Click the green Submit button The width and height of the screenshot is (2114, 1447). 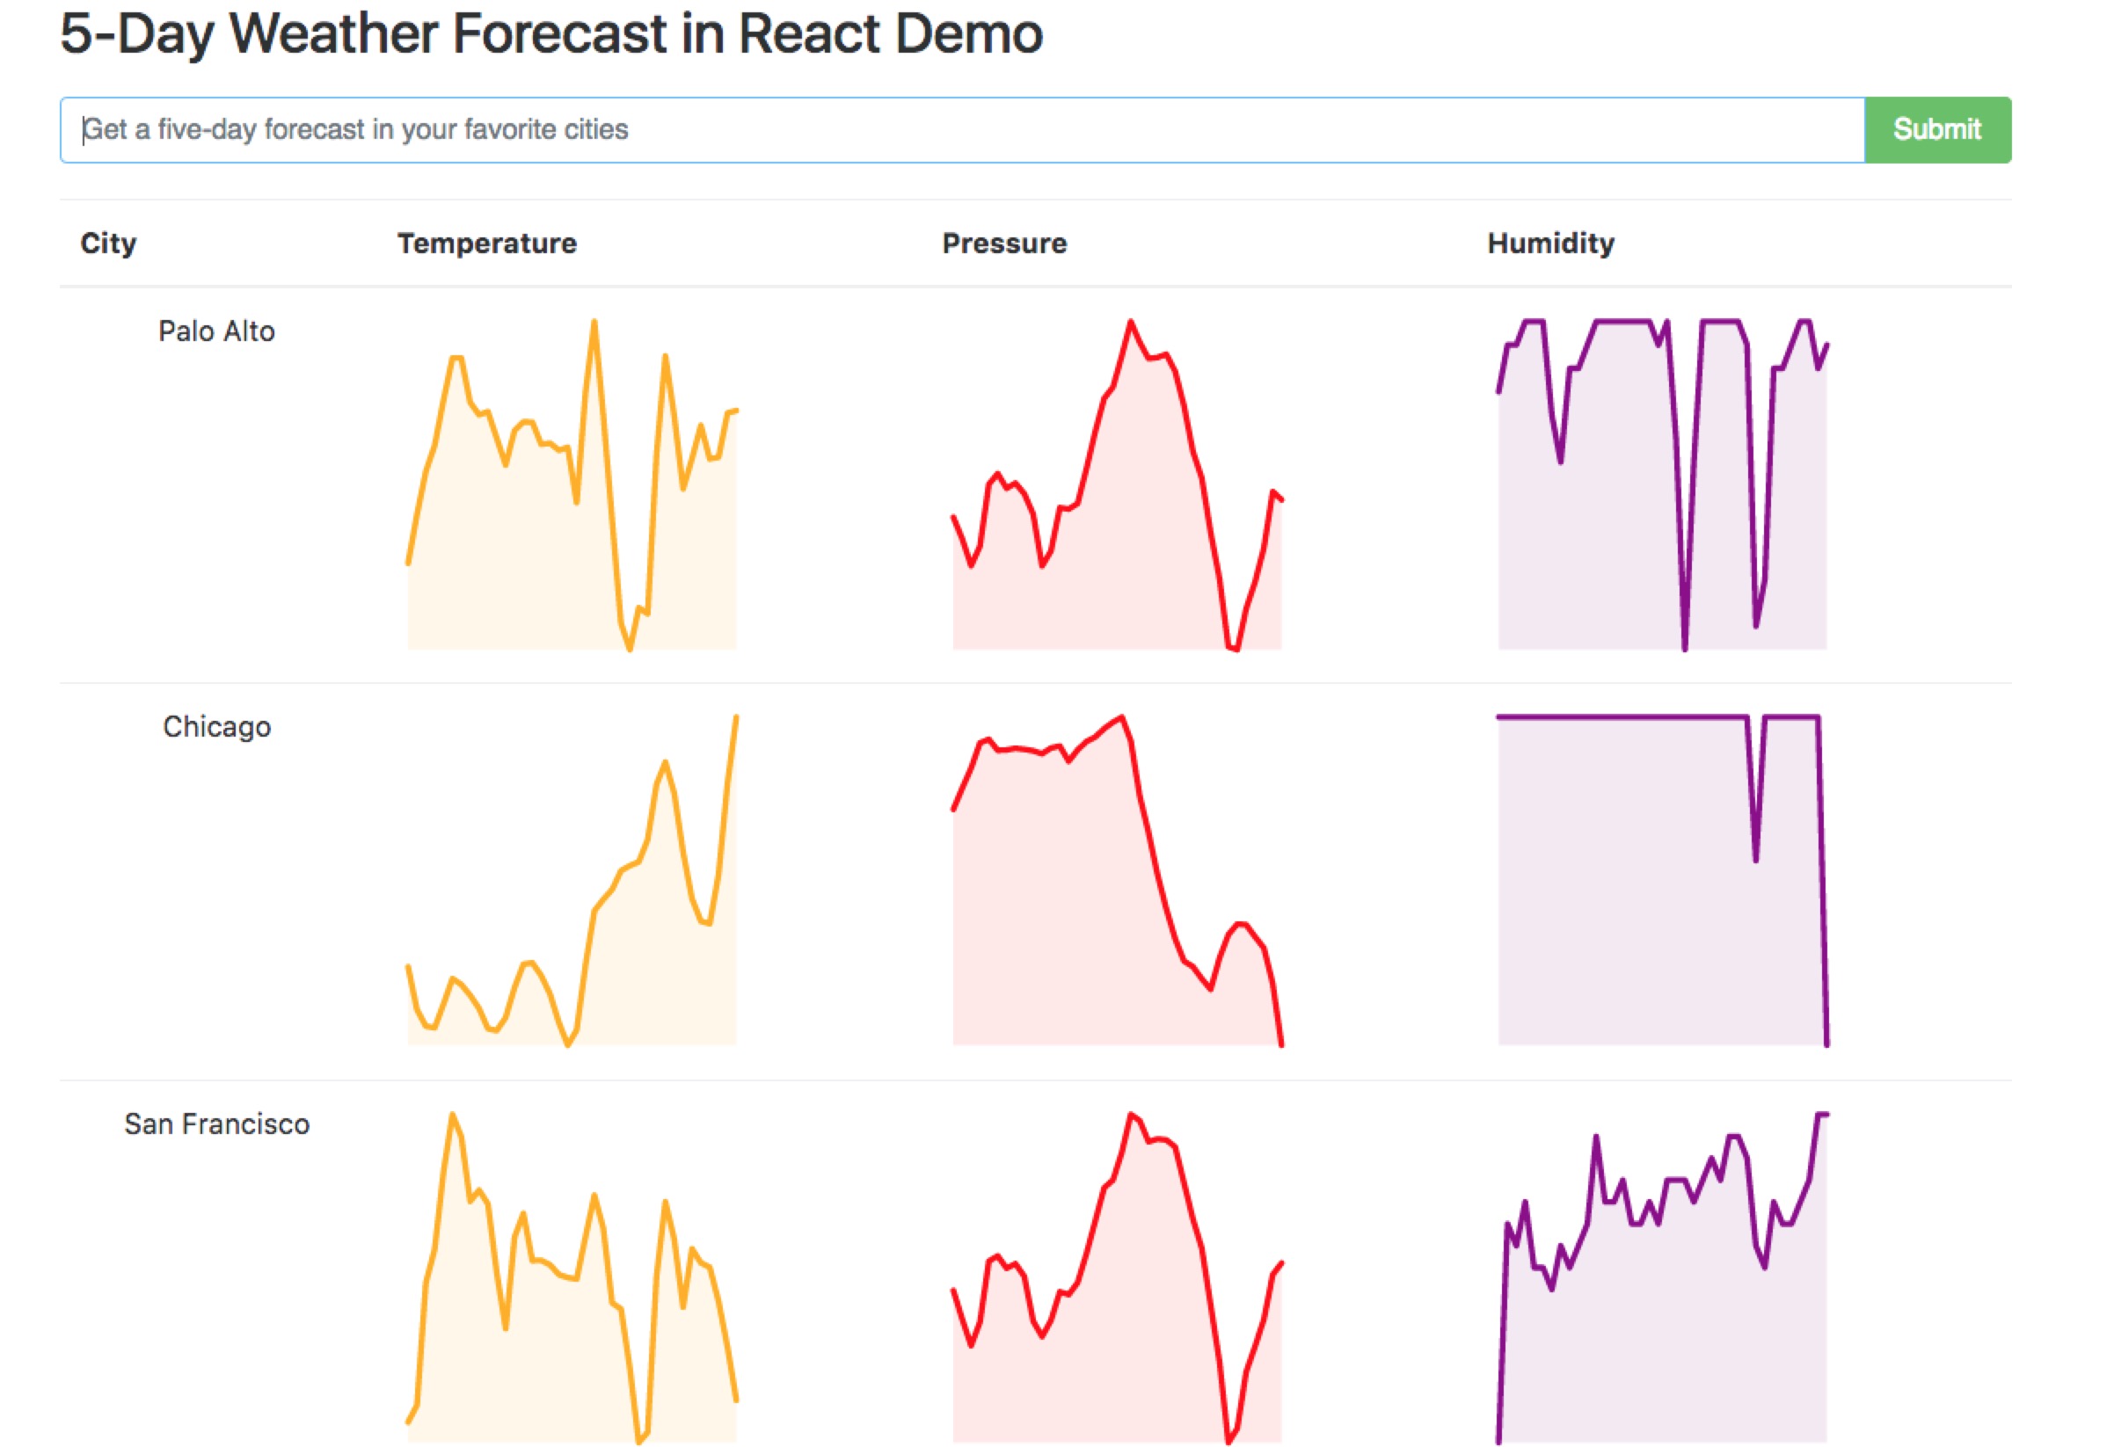point(1936,130)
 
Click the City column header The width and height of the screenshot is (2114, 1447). point(108,243)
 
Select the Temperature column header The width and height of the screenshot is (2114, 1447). point(486,243)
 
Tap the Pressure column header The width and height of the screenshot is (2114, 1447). point(1004,243)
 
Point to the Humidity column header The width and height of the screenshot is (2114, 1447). point(1550,243)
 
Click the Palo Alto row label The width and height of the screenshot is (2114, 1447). point(216,331)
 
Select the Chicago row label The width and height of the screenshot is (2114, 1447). point(216,727)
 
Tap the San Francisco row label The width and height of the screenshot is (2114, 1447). point(216,1124)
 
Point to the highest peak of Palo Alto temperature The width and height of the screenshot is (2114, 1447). point(594,322)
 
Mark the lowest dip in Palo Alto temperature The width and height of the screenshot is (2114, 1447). point(630,649)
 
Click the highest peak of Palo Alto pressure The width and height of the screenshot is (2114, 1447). point(1131,322)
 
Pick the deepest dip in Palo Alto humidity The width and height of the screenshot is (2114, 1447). point(1685,648)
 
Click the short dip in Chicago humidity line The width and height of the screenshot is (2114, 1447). point(1755,859)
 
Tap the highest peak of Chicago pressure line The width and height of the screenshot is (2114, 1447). point(1122,717)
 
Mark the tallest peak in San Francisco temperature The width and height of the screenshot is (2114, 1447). point(452,1115)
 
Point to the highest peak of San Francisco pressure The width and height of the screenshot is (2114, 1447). point(1131,1115)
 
